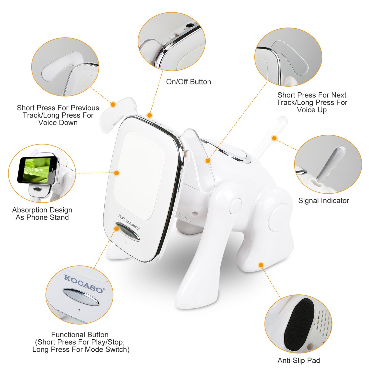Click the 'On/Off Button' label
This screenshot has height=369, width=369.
pos(188,82)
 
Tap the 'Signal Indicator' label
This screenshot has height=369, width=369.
pos(324,201)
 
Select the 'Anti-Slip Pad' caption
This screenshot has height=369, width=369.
pos(299,361)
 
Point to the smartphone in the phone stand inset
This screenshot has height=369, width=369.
pos(38,170)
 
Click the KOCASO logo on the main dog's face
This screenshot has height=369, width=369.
pos(128,222)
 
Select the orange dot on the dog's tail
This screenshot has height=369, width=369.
pos(275,138)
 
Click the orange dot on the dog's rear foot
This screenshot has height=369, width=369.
pos(261,265)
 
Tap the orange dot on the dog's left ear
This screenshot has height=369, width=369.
pos(113,104)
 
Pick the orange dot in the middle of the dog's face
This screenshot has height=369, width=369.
pos(117,173)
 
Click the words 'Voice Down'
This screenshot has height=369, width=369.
pos(58,123)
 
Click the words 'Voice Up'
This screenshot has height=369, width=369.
pos(312,110)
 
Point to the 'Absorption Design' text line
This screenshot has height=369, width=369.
pos(42,210)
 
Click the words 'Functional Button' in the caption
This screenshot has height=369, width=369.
pos(80,335)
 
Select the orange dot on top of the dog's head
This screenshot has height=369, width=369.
pos(150,115)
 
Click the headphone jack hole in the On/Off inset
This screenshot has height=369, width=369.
pos(189,26)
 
